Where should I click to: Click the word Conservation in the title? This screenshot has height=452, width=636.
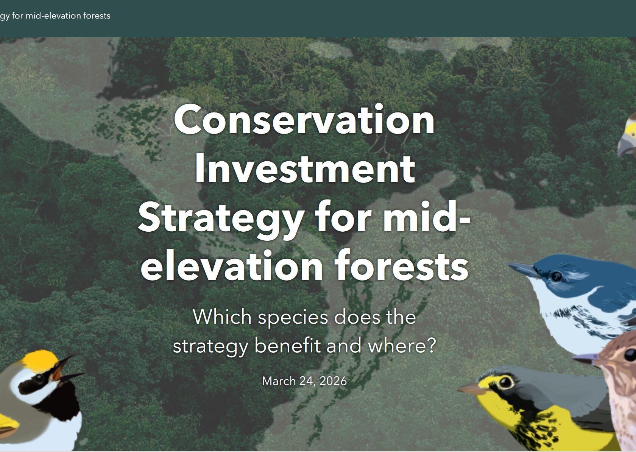(x=304, y=120)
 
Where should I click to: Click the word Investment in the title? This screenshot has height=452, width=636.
(x=305, y=168)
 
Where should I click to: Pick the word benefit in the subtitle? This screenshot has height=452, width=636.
(x=287, y=346)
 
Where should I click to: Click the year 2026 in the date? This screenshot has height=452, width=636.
(x=333, y=381)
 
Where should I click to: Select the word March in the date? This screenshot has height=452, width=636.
(x=279, y=381)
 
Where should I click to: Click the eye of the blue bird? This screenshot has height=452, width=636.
(x=556, y=276)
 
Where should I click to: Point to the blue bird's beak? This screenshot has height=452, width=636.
(x=524, y=270)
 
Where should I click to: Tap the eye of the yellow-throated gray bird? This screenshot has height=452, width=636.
(x=506, y=382)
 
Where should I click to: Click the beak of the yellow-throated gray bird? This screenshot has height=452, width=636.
(x=471, y=388)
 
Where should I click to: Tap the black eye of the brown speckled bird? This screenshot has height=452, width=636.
(x=630, y=355)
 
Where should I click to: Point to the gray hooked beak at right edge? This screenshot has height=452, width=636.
(x=626, y=146)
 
